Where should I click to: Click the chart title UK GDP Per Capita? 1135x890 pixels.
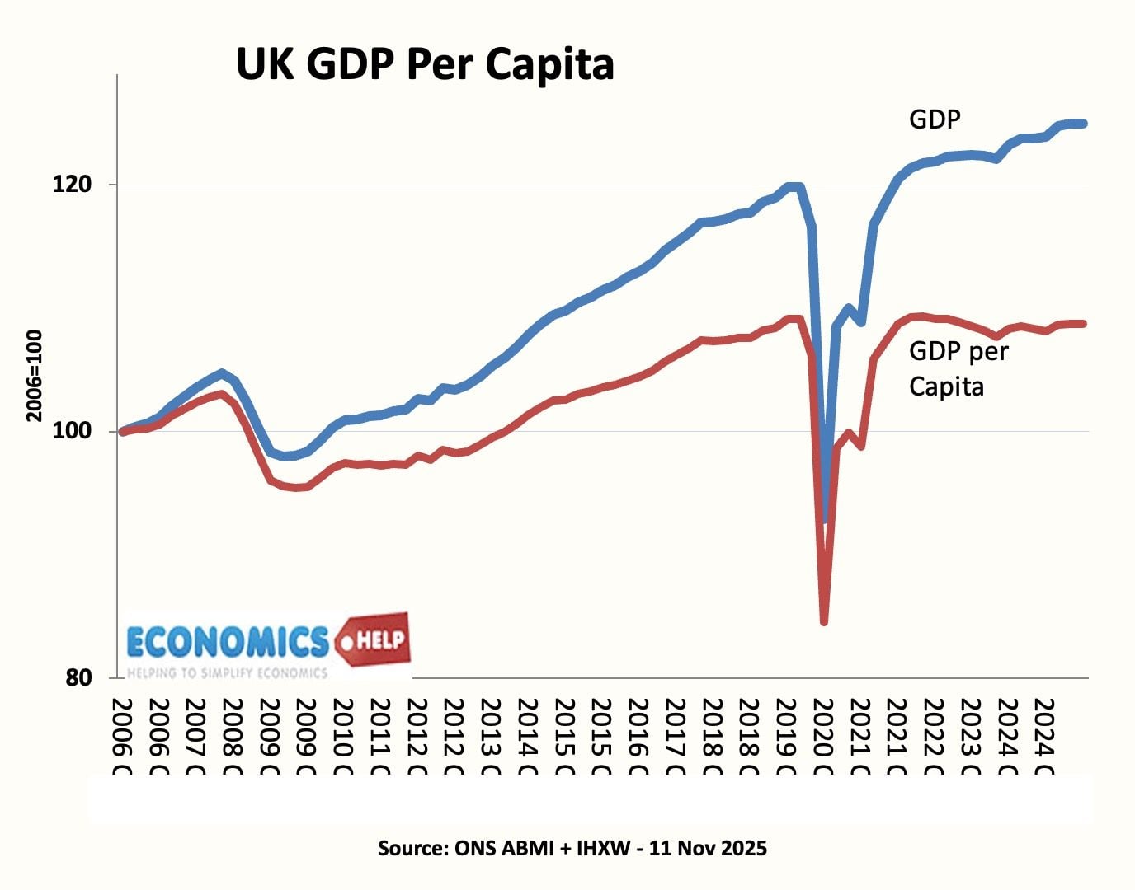pyautogui.click(x=425, y=64)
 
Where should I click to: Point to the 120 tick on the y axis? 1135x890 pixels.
pyautogui.click(x=72, y=184)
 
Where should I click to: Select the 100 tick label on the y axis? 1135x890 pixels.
pyautogui.click(x=72, y=431)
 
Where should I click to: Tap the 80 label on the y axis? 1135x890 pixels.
pyautogui.click(x=78, y=677)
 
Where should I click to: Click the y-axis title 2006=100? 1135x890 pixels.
pyautogui.click(x=35, y=376)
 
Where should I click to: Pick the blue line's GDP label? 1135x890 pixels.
pyautogui.click(x=935, y=119)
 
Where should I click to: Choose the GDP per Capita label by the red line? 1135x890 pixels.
pyautogui.click(x=958, y=368)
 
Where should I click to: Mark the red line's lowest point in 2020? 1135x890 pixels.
pyautogui.click(x=823, y=621)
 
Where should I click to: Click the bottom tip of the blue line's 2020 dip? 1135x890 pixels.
pyautogui.click(x=825, y=519)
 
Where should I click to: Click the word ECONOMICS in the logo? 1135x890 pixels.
pyautogui.click(x=228, y=641)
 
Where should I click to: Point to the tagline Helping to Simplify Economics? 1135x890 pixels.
pyautogui.click(x=227, y=672)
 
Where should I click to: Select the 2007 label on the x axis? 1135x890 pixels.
pyautogui.click(x=195, y=737)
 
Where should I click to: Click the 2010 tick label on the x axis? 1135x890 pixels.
pyautogui.click(x=342, y=737)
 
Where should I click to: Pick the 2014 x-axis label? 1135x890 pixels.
pyautogui.click(x=527, y=737)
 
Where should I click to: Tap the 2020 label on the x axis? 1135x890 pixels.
pyautogui.click(x=822, y=737)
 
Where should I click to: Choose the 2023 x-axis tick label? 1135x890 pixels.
pyautogui.click(x=971, y=737)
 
